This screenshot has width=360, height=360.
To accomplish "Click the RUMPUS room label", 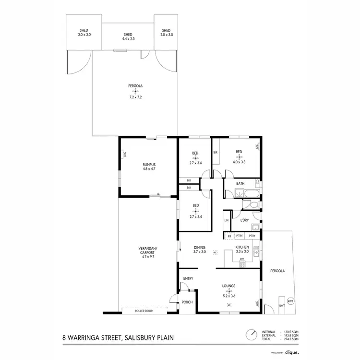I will (x=149, y=164).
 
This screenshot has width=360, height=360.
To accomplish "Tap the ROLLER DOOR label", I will (x=144, y=312).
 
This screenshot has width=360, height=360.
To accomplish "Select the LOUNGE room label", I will (x=228, y=286).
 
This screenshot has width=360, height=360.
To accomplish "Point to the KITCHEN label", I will (x=242, y=247).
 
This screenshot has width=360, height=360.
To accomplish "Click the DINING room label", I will (x=199, y=247).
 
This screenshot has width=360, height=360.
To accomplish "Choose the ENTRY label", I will (x=187, y=278).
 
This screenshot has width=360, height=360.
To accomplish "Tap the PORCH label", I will (x=187, y=302).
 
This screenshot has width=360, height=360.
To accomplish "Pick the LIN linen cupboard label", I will (x=226, y=220).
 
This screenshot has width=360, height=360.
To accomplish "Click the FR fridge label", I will (x=229, y=236).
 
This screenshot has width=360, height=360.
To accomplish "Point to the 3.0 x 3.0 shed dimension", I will (x=84, y=35).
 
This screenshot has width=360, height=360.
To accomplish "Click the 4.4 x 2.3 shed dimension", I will (x=128, y=39).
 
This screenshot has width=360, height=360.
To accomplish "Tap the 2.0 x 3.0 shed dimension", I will (x=167, y=35).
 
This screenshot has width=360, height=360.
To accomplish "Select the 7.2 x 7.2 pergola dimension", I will (x=135, y=97).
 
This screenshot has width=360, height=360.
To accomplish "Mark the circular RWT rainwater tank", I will (x=290, y=301).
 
